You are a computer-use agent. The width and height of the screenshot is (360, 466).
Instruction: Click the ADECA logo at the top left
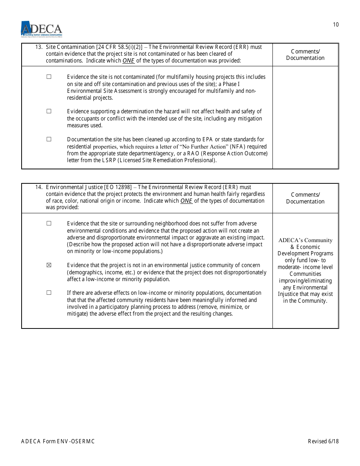coord(41,29)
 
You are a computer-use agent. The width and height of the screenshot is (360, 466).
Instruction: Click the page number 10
coord(336,25)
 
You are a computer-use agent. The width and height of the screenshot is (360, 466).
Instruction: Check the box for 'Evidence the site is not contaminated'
coord(49,77)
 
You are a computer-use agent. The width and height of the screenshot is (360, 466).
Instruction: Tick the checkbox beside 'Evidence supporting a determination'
coord(49,111)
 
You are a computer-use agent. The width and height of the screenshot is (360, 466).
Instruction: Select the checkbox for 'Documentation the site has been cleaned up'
coord(49,139)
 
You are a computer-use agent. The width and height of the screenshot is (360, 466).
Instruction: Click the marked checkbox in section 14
coord(49,265)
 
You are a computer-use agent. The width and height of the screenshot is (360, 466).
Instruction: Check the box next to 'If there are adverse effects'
coord(49,292)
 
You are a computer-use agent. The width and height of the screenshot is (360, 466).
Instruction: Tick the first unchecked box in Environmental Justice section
coord(49,223)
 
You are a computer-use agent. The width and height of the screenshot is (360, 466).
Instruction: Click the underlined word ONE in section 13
coord(128,61)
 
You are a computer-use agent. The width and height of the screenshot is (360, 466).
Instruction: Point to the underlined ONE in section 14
coord(186,201)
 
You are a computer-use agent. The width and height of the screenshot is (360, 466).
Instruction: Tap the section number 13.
coord(38,47)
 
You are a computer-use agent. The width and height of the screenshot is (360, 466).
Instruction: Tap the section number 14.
coord(38,188)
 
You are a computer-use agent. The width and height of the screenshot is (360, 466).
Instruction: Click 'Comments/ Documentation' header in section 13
coord(305,55)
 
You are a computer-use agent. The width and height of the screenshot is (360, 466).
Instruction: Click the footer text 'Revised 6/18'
coord(323,441)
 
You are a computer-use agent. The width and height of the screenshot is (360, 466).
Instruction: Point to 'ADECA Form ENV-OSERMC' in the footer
coord(58,441)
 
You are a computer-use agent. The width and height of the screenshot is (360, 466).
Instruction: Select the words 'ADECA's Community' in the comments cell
coord(305,240)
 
